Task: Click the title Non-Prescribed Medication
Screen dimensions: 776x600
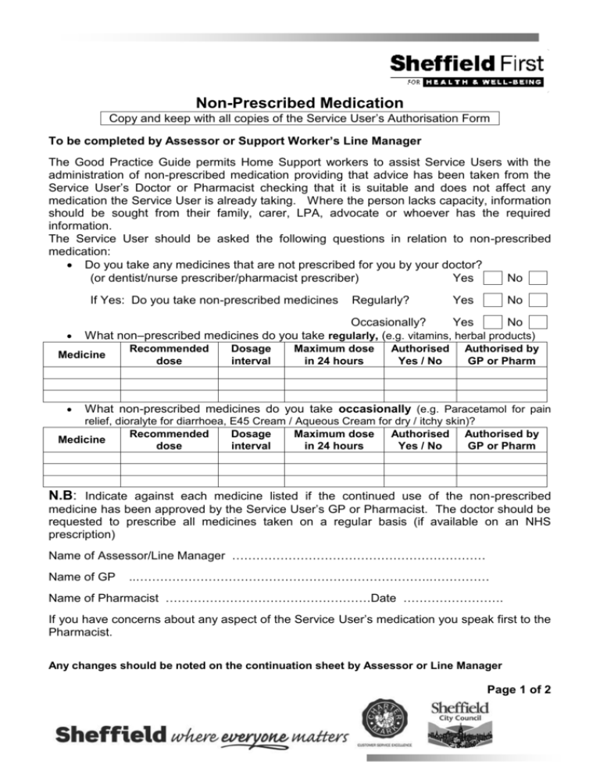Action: (x=300, y=102)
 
